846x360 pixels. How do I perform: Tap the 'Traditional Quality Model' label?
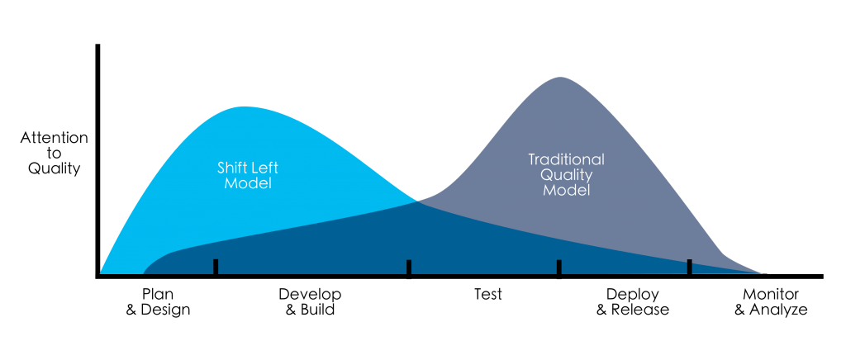(x=566, y=174)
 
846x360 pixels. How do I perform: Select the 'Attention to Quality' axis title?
(x=54, y=153)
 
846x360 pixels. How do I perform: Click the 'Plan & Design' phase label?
(x=158, y=302)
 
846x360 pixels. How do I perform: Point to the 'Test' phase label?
(x=487, y=295)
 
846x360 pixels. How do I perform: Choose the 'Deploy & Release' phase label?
(x=632, y=302)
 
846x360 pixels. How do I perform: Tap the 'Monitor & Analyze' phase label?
(x=771, y=302)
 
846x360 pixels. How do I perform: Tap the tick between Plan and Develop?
(x=216, y=268)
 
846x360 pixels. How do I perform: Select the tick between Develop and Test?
(x=409, y=269)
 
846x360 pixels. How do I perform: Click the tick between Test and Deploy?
(x=559, y=269)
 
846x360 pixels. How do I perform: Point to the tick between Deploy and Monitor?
(x=689, y=268)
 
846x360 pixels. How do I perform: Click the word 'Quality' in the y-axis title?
(x=54, y=169)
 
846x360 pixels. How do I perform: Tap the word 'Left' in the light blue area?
(x=263, y=167)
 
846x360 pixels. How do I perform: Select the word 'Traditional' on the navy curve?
(x=566, y=159)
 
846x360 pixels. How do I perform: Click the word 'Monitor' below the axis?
(x=771, y=295)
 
